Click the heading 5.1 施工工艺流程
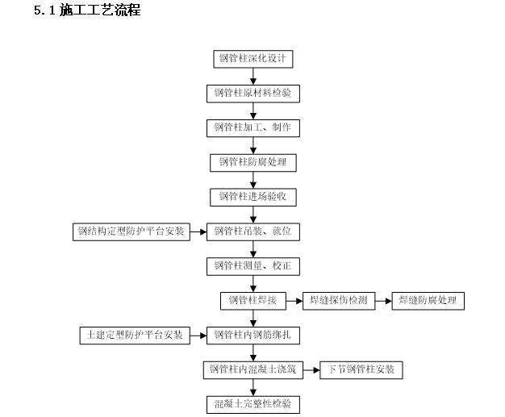[x=87, y=11]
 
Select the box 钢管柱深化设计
[x=252, y=59]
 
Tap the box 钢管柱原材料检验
[x=253, y=94]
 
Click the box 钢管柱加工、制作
[x=253, y=127]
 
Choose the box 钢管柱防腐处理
[x=252, y=162]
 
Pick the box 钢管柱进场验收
[x=252, y=196]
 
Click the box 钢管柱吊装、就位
[x=253, y=231]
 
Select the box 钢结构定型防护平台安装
[x=130, y=231]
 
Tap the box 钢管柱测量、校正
[x=253, y=265]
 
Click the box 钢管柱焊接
[x=252, y=300]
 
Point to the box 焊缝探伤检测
[x=339, y=300]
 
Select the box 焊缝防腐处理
[x=428, y=300]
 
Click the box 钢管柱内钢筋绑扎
[x=253, y=334]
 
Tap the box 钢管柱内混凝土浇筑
[x=252, y=369]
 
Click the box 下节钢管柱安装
[x=361, y=369]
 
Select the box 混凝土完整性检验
[x=253, y=403]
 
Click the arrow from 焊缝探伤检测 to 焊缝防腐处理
[x=382, y=300]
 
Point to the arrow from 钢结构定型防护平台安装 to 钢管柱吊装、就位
[x=198, y=231]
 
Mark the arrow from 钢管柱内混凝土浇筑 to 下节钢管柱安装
[x=311, y=369]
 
